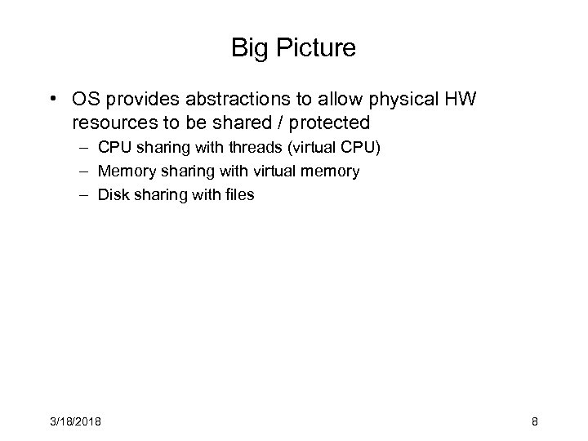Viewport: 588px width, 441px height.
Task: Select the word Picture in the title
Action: [314, 48]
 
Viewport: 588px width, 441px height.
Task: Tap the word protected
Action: [330, 123]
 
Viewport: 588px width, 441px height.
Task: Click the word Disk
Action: [112, 194]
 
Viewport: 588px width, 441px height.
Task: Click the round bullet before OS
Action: [51, 100]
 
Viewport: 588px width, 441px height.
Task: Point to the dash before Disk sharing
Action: [84, 194]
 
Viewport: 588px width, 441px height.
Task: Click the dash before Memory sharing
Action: [84, 171]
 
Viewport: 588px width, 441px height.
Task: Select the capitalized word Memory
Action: [122, 171]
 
